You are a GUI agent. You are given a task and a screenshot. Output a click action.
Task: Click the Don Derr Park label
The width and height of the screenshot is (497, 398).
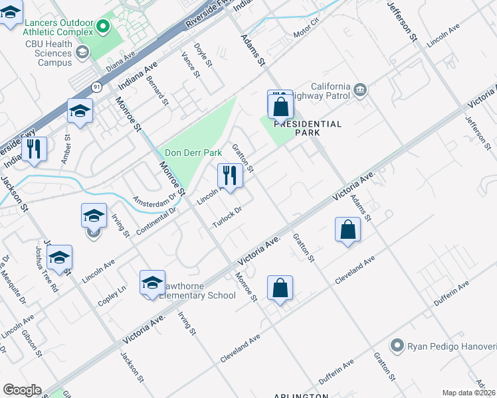(193, 153)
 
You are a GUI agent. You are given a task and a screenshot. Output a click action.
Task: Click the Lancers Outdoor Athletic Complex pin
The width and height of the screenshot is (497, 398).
(102, 27)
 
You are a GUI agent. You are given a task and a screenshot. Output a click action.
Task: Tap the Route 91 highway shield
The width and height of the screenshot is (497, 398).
(98, 87)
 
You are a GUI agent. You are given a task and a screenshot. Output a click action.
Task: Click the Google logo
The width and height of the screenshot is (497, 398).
(22, 389)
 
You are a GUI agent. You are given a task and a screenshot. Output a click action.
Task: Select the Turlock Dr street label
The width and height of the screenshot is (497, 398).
(226, 217)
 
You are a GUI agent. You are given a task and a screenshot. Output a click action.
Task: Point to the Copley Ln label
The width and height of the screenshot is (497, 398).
(112, 291)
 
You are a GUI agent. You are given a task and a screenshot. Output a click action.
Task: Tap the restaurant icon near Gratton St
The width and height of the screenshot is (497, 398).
(230, 176)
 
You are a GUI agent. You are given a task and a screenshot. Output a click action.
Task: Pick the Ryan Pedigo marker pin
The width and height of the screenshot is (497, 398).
(397, 345)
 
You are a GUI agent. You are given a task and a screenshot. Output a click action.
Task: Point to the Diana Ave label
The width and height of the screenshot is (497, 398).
(120, 62)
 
